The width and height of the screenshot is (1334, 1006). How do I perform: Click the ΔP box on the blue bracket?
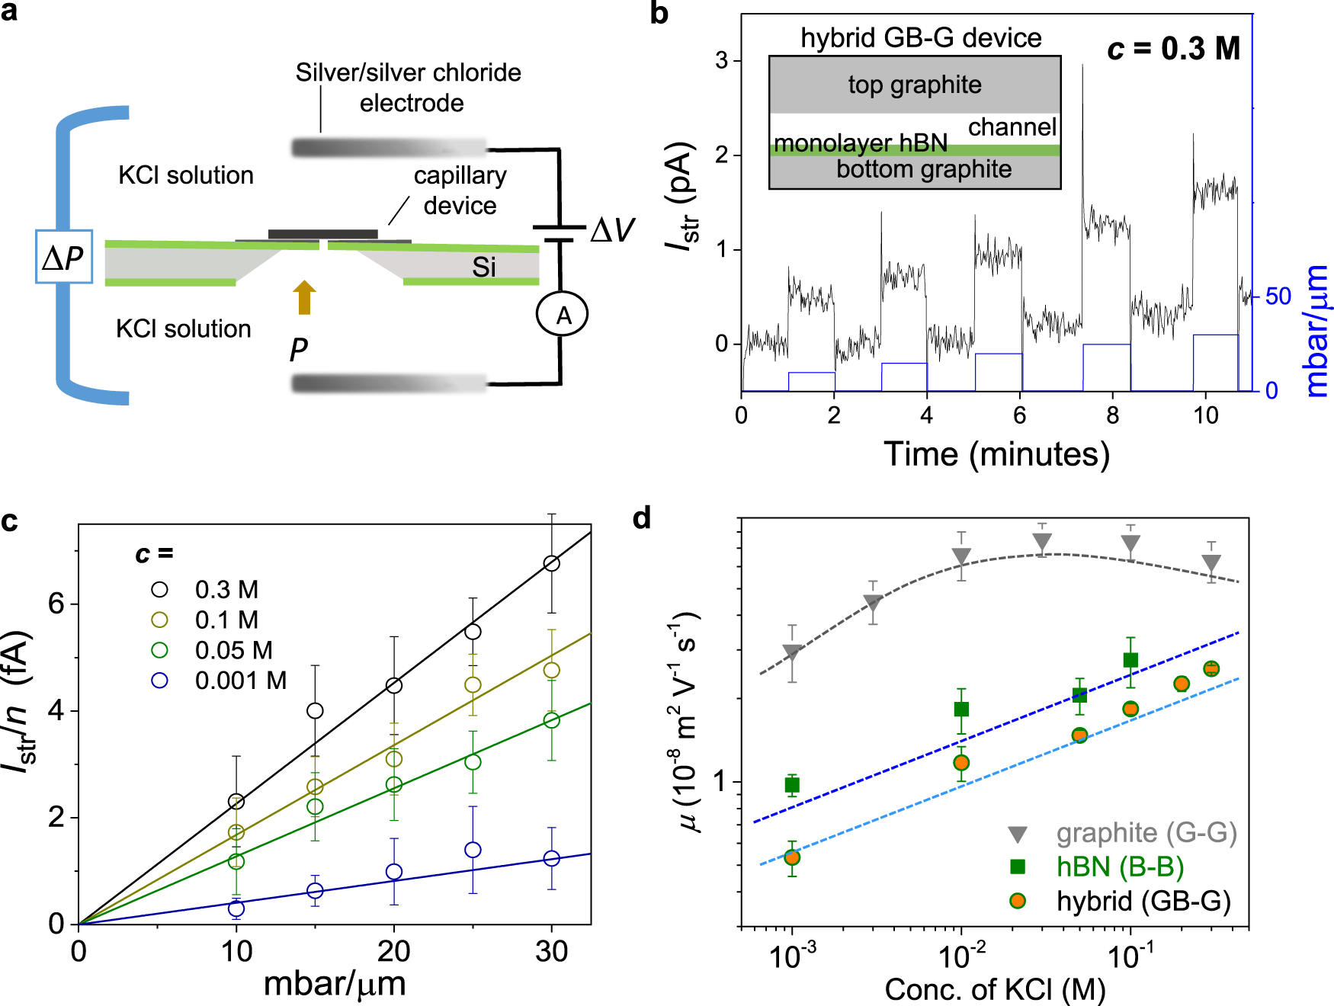[64, 257]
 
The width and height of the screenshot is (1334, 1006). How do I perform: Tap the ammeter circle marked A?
[563, 314]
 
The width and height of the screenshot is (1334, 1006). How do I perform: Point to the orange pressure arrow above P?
[304, 296]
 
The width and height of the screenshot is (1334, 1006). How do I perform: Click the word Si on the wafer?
[483, 268]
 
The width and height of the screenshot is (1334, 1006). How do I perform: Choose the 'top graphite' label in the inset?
[915, 85]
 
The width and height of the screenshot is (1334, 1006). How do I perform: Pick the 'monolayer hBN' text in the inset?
[861, 143]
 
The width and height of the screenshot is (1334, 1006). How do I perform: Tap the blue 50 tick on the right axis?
[1278, 296]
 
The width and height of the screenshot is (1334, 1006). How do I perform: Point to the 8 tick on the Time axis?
[1112, 415]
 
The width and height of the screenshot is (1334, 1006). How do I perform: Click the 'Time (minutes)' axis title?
[996, 454]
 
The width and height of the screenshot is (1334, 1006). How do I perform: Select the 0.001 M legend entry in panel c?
[240, 680]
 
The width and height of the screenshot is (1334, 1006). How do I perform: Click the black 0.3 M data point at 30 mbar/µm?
[551, 563]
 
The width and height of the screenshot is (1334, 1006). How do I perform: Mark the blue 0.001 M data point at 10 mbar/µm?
[236, 908]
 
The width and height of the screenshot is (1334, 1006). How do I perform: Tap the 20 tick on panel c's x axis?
[393, 951]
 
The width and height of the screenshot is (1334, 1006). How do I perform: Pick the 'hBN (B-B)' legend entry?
[1119, 867]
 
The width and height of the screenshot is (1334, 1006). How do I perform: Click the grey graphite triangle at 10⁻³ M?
[792, 653]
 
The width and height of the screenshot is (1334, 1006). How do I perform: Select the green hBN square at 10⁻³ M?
[792, 785]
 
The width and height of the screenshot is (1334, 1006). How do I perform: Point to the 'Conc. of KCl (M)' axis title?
[995, 989]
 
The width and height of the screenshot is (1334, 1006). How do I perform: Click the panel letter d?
[642, 518]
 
